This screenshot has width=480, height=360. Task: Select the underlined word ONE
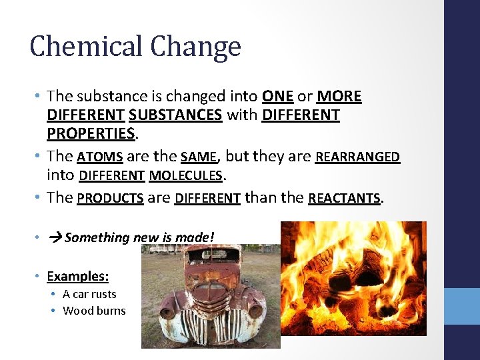click(278, 97)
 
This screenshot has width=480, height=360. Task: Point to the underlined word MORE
click(339, 97)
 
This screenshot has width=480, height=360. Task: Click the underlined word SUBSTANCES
click(175, 115)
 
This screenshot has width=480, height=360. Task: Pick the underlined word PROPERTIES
click(91, 133)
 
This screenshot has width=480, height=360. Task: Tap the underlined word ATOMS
click(100, 157)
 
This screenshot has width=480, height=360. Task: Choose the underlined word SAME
click(199, 157)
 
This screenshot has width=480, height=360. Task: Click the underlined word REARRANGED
click(357, 157)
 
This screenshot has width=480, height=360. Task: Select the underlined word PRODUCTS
click(111, 198)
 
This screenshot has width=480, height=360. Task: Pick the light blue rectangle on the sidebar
click(462, 306)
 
